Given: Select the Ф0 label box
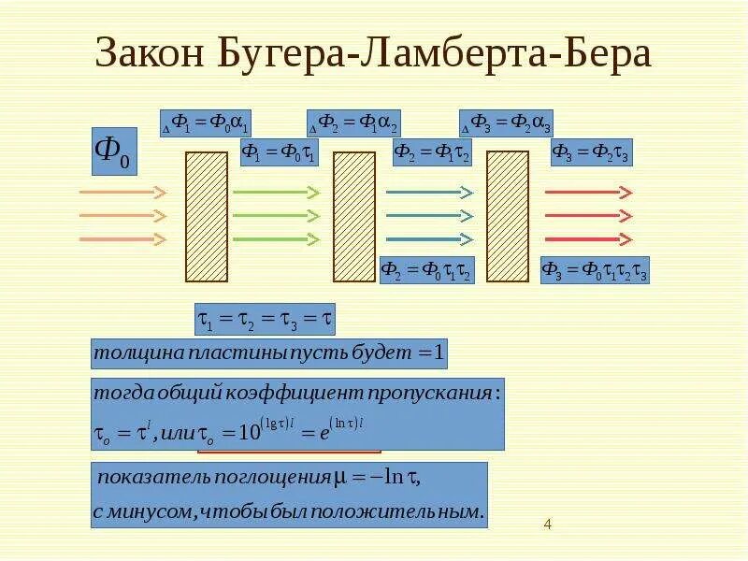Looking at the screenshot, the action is (114, 151).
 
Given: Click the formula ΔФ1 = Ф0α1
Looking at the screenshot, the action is (205, 123).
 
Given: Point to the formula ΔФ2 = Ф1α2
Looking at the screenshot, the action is (353, 123).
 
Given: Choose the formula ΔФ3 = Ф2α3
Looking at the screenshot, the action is (505, 123).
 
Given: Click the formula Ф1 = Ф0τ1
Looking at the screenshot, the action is (280, 152).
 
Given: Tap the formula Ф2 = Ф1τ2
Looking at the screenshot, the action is (431, 152).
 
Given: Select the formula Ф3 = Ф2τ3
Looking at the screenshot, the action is (590, 152).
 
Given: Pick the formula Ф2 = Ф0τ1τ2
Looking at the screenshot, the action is (426, 270).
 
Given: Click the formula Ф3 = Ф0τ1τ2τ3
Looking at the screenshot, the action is (595, 270).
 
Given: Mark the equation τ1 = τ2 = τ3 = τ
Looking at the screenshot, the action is (264, 320).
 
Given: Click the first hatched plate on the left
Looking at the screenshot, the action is (207, 216).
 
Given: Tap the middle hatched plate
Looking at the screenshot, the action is (354, 216).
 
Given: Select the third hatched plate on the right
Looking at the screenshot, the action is (508, 216).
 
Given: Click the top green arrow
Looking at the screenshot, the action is (276, 193).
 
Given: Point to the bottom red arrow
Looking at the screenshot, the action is (588, 239).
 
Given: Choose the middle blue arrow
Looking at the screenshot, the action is (428, 216).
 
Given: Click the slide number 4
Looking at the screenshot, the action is (547, 525).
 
